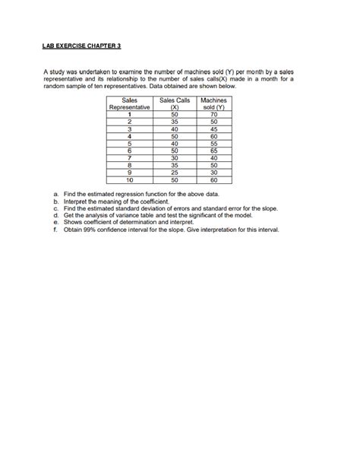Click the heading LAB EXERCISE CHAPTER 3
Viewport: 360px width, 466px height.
click(x=82, y=46)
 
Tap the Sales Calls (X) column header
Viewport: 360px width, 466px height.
click(x=174, y=104)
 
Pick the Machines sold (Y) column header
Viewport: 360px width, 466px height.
click(x=213, y=104)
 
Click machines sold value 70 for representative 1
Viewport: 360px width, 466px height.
click(x=213, y=115)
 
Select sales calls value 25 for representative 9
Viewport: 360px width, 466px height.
click(x=174, y=174)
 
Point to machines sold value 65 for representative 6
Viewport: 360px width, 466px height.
click(x=213, y=152)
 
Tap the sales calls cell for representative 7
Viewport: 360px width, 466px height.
click(x=174, y=159)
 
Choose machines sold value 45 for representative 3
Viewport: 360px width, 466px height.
click(x=213, y=129)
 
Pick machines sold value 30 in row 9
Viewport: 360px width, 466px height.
click(x=213, y=174)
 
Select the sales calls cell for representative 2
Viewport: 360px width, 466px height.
click(x=174, y=122)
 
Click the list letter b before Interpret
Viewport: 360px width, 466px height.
click(x=56, y=201)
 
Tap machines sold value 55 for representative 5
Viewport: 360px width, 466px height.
click(x=213, y=144)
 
